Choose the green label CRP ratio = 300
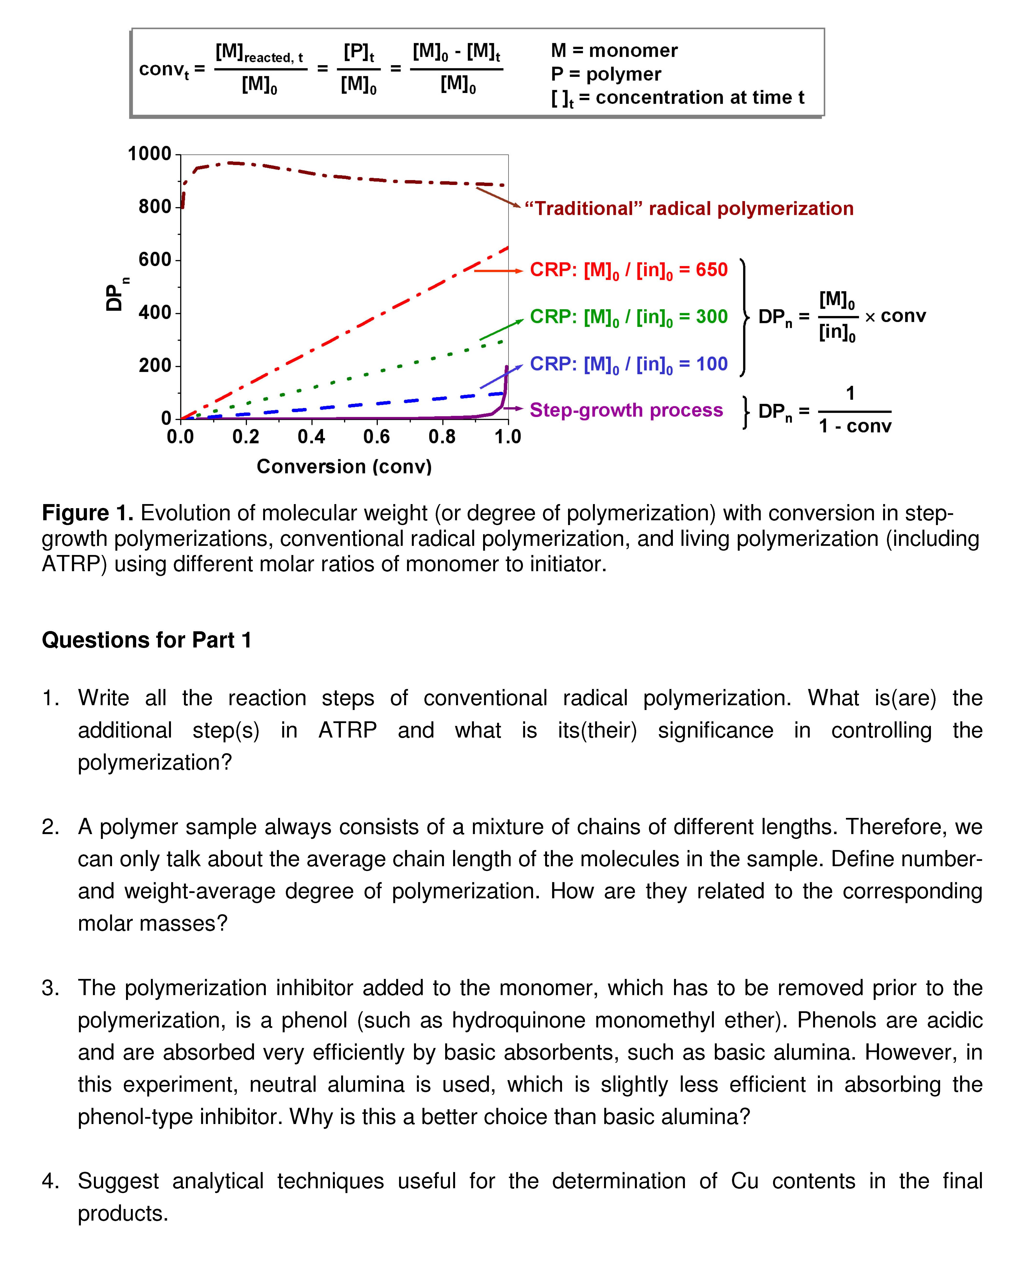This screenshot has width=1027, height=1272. click(628, 317)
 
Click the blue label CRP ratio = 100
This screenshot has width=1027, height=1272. click(628, 364)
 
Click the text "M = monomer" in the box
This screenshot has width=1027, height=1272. click(614, 51)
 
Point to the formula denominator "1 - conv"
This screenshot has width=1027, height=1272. click(855, 426)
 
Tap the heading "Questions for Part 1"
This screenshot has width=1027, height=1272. click(147, 640)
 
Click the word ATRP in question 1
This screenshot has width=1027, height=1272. click(347, 730)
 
